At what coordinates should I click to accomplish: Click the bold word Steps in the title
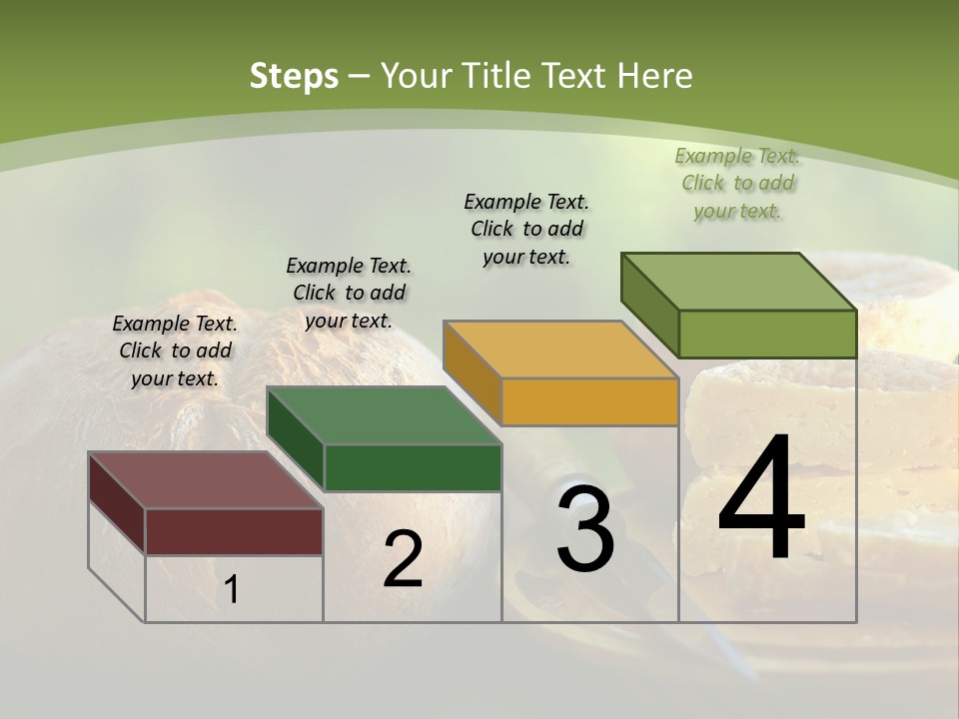(294, 76)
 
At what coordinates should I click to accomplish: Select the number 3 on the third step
(585, 529)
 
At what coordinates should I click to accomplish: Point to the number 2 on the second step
(403, 559)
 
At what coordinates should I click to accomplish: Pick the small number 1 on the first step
(232, 590)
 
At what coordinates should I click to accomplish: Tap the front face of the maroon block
(234, 531)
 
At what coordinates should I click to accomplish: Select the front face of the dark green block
(413, 467)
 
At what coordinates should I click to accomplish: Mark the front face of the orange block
(589, 402)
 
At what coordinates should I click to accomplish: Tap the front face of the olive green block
(767, 334)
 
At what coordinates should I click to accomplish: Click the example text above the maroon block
(175, 352)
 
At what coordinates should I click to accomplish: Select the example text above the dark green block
(349, 293)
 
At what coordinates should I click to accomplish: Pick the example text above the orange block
(526, 229)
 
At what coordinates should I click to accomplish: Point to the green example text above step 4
(737, 184)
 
